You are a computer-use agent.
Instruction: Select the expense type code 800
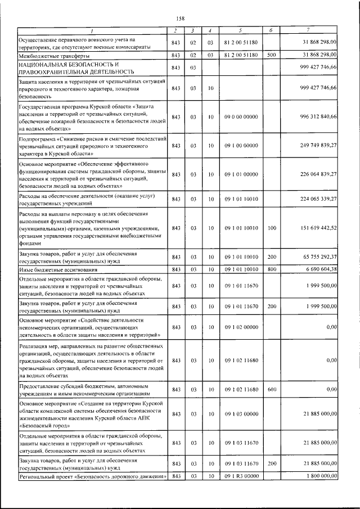click(x=272, y=269)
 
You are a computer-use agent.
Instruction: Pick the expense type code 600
click(x=272, y=389)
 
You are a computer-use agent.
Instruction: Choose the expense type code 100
click(x=272, y=228)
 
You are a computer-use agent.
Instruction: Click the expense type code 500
click(x=272, y=55)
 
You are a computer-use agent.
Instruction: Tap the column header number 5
click(x=240, y=30)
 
